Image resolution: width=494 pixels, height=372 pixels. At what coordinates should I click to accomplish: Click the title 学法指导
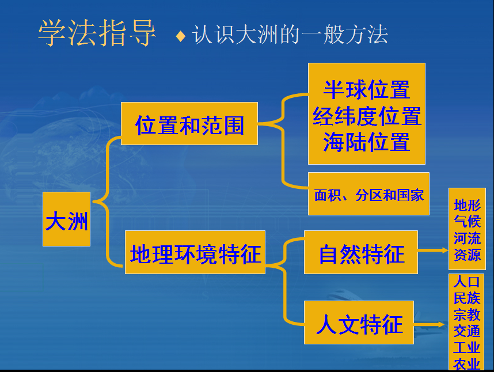(97, 33)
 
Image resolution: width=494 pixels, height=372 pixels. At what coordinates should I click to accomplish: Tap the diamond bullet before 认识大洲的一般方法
(181, 36)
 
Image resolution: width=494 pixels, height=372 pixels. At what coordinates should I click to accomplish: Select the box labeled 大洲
(66, 219)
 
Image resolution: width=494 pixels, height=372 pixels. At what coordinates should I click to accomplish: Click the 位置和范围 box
(189, 123)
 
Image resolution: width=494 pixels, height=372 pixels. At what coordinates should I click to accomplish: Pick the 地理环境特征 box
(195, 252)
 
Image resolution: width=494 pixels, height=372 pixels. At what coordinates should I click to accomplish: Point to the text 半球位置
(366, 90)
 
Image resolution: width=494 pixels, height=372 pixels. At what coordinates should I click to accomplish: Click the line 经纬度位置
(367, 116)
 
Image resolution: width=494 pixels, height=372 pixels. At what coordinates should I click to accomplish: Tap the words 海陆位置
(366, 142)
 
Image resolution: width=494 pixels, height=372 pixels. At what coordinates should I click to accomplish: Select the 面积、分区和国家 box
(368, 193)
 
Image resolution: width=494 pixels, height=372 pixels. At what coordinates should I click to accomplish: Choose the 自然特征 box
(361, 252)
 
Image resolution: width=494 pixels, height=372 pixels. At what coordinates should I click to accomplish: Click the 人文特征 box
(359, 322)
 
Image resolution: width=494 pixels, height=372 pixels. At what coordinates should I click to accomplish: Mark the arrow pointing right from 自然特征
(433, 250)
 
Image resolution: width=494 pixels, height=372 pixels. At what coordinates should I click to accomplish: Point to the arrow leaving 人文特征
(429, 324)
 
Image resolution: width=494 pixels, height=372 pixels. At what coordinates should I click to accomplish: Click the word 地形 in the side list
(467, 206)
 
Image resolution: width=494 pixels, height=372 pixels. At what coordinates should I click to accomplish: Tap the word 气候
(467, 222)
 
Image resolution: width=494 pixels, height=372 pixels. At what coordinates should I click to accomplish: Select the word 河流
(467, 238)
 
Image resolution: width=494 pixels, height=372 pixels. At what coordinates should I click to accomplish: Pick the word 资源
(467, 255)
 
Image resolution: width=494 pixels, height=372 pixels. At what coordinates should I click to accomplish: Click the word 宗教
(466, 314)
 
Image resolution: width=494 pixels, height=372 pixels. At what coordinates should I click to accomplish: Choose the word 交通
(466, 331)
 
